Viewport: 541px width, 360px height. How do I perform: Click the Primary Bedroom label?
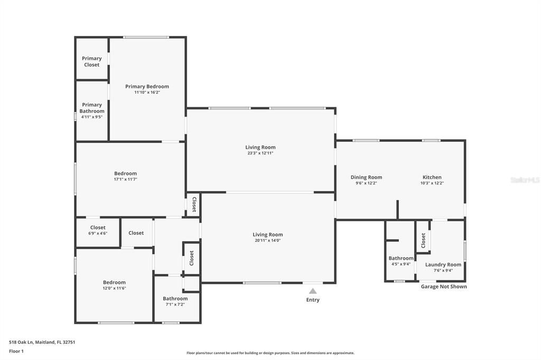tap(147, 87)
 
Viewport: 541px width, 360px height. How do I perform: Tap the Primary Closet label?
tap(91, 62)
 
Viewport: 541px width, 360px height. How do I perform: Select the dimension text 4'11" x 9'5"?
tap(92, 117)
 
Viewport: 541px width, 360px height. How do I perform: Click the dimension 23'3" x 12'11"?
tap(260, 154)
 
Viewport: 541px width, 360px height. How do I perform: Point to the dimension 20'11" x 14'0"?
tap(267, 241)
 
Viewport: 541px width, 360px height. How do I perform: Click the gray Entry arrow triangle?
tap(313, 291)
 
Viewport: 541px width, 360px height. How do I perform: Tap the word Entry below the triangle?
tap(313, 300)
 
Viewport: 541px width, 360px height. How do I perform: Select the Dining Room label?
tap(366, 177)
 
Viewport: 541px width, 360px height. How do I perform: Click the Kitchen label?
tap(432, 177)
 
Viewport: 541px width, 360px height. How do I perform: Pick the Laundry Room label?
tap(443, 264)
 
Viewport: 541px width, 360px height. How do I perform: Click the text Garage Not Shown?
tap(444, 287)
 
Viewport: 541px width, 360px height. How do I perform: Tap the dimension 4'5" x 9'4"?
tap(400, 264)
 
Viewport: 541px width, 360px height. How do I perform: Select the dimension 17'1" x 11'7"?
tap(126, 179)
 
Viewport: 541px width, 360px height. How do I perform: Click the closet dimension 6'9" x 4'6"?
tap(98, 233)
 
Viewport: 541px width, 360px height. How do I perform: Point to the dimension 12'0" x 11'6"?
tap(114, 288)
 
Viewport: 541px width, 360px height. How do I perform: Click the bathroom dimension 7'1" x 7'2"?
tap(175, 305)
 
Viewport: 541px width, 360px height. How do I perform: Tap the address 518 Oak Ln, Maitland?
tap(42, 342)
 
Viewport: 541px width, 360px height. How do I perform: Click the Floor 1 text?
tap(16, 350)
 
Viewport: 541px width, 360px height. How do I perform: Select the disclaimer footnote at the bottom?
tap(270, 353)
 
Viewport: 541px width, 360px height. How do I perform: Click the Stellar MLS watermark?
tap(525, 180)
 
